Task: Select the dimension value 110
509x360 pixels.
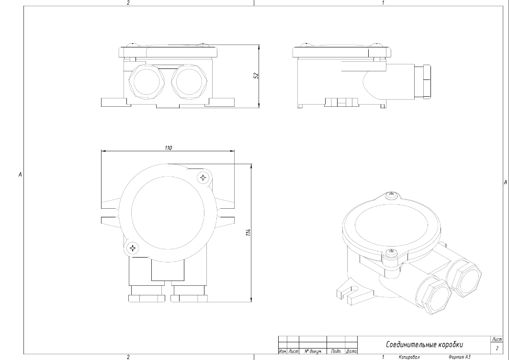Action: click(168, 148)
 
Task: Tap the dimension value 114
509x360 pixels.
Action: click(249, 232)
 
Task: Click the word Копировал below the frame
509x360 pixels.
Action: click(408, 357)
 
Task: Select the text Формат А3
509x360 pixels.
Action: click(458, 357)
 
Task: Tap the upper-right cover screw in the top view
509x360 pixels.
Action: click(204, 178)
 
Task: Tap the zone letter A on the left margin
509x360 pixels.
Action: click(20, 175)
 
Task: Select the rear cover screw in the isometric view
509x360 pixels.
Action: click(391, 194)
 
